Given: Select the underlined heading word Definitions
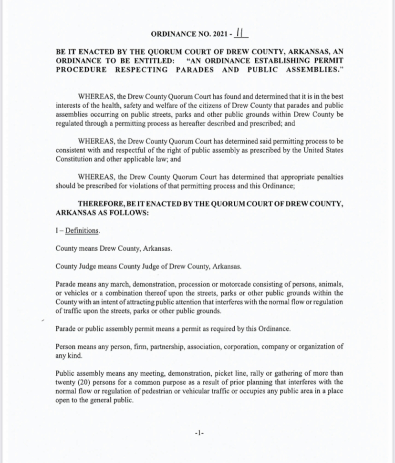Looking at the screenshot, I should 82,231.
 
